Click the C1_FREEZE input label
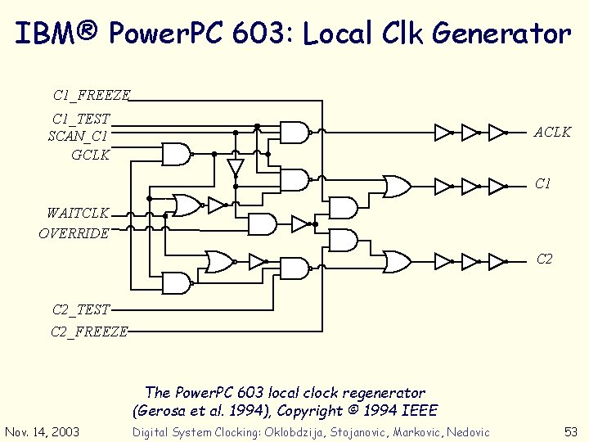[91, 95]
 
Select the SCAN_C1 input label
[78, 136]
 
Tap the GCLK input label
[90, 153]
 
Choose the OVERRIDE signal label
[74, 233]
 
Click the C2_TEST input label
[80, 309]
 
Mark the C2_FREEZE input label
[89, 331]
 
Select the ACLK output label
[552, 132]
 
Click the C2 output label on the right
[545, 259]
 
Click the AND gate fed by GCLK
[176, 153]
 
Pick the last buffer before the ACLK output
[497, 131]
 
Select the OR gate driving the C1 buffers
[398, 187]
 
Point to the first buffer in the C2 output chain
[443, 261]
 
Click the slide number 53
[572, 431]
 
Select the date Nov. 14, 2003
[42, 431]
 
